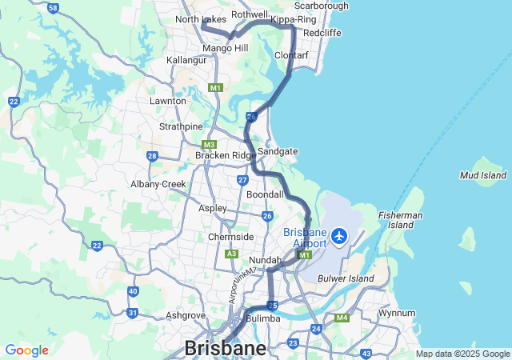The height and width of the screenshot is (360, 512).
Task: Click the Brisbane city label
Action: click(226, 348)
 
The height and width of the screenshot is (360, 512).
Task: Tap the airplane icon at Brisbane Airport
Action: click(339, 236)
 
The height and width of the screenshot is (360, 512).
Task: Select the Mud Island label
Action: click(483, 174)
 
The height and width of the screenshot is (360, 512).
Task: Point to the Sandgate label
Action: click(278, 150)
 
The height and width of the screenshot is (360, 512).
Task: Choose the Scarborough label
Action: click(322, 6)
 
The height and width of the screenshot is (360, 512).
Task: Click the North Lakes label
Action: click(200, 19)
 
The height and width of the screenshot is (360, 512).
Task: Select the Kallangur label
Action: click(186, 60)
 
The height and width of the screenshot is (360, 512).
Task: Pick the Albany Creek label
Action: click(158, 184)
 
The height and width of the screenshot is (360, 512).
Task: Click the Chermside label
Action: click(231, 237)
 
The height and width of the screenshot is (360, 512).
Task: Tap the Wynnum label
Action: click(398, 313)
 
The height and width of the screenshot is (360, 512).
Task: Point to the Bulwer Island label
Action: click(346, 278)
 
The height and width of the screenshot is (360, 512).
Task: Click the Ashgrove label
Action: click(186, 315)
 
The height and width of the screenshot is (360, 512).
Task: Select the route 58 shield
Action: click(53, 8)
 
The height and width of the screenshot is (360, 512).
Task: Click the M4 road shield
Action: click(342, 318)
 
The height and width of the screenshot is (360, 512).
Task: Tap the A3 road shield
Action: click(231, 254)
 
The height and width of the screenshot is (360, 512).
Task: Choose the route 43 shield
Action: click(366, 353)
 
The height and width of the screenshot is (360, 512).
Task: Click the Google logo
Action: click(26, 350)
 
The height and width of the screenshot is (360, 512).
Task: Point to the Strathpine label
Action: click(181, 126)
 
